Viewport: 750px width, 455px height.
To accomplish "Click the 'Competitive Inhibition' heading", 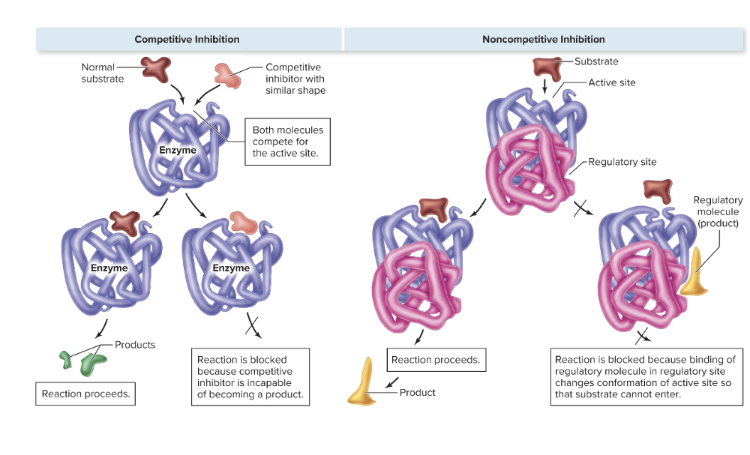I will point(187,39).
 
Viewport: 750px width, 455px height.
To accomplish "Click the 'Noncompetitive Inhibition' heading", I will point(543,39).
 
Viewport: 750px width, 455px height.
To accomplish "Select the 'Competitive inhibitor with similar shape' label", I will point(295,79).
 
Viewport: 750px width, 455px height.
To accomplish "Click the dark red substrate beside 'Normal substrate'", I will point(155,70).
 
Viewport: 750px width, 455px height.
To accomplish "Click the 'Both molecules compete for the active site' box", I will point(287,142).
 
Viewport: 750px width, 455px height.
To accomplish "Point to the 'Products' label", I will point(135,345).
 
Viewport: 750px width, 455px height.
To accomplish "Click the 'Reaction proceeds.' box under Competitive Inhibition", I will point(85,394).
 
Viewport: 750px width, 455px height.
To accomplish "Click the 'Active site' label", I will point(611,82).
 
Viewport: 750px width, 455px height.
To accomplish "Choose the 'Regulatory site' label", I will point(622,162).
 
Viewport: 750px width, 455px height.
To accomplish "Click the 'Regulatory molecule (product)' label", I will point(718,211).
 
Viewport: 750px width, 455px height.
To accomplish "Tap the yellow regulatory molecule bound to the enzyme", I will point(694,272).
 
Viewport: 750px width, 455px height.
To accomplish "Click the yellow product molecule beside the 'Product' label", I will point(366,385).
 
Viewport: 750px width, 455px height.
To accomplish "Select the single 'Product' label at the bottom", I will point(417,392).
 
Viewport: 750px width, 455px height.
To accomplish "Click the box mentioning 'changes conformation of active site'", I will point(646,377).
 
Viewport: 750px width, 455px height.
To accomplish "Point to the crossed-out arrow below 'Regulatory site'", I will point(580,210).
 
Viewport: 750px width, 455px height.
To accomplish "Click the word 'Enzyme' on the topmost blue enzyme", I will point(178,150).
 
